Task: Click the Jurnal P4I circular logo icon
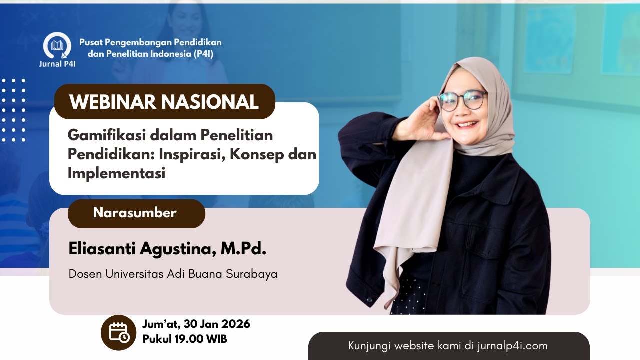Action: (57, 46)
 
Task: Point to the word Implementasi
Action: (116, 174)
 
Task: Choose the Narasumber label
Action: (135, 213)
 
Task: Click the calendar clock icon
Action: (119, 332)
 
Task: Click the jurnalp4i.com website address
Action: (509, 346)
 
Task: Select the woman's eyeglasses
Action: (462, 100)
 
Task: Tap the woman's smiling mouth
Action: (468, 124)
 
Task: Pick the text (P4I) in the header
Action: (203, 54)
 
